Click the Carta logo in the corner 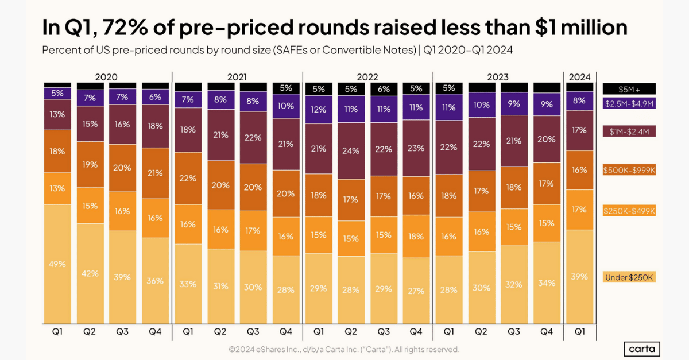click(x=642, y=349)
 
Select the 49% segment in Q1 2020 click(x=57, y=264)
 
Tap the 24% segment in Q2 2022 click(x=351, y=151)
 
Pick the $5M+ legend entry click(x=629, y=89)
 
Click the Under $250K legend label click(x=629, y=277)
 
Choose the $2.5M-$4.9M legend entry click(x=629, y=103)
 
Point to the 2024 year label click(x=580, y=76)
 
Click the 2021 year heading click(x=237, y=76)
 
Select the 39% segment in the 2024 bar click(x=580, y=276)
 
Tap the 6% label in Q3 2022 click(x=384, y=89)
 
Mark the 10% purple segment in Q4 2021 click(x=286, y=106)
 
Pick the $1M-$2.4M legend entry click(x=629, y=132)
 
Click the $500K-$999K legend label click(x=629, y=170)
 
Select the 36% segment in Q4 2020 click(x=155, y=281)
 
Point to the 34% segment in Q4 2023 click(x=547, y=282)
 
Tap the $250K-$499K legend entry click(x=629, y=211)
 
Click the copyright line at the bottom click(x=344, y=349)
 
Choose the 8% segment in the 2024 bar click(x=580, y=100)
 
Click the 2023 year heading click(x=498, y=76)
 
